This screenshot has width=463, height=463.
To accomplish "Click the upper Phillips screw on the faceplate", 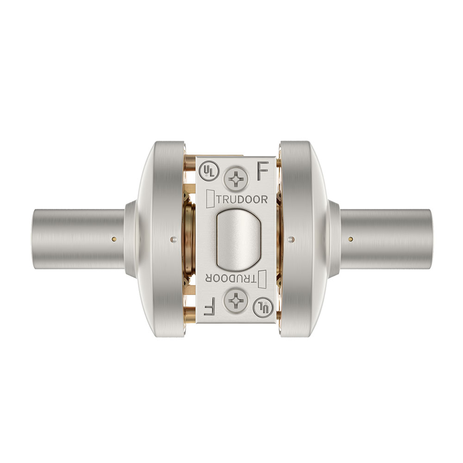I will [236, 179].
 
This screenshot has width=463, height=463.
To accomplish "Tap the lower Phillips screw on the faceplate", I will [236, 300].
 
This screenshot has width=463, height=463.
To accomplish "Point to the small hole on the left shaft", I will [113, 239].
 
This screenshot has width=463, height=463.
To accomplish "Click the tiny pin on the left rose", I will [173, 239].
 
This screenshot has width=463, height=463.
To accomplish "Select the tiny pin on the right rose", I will [290, 239].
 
